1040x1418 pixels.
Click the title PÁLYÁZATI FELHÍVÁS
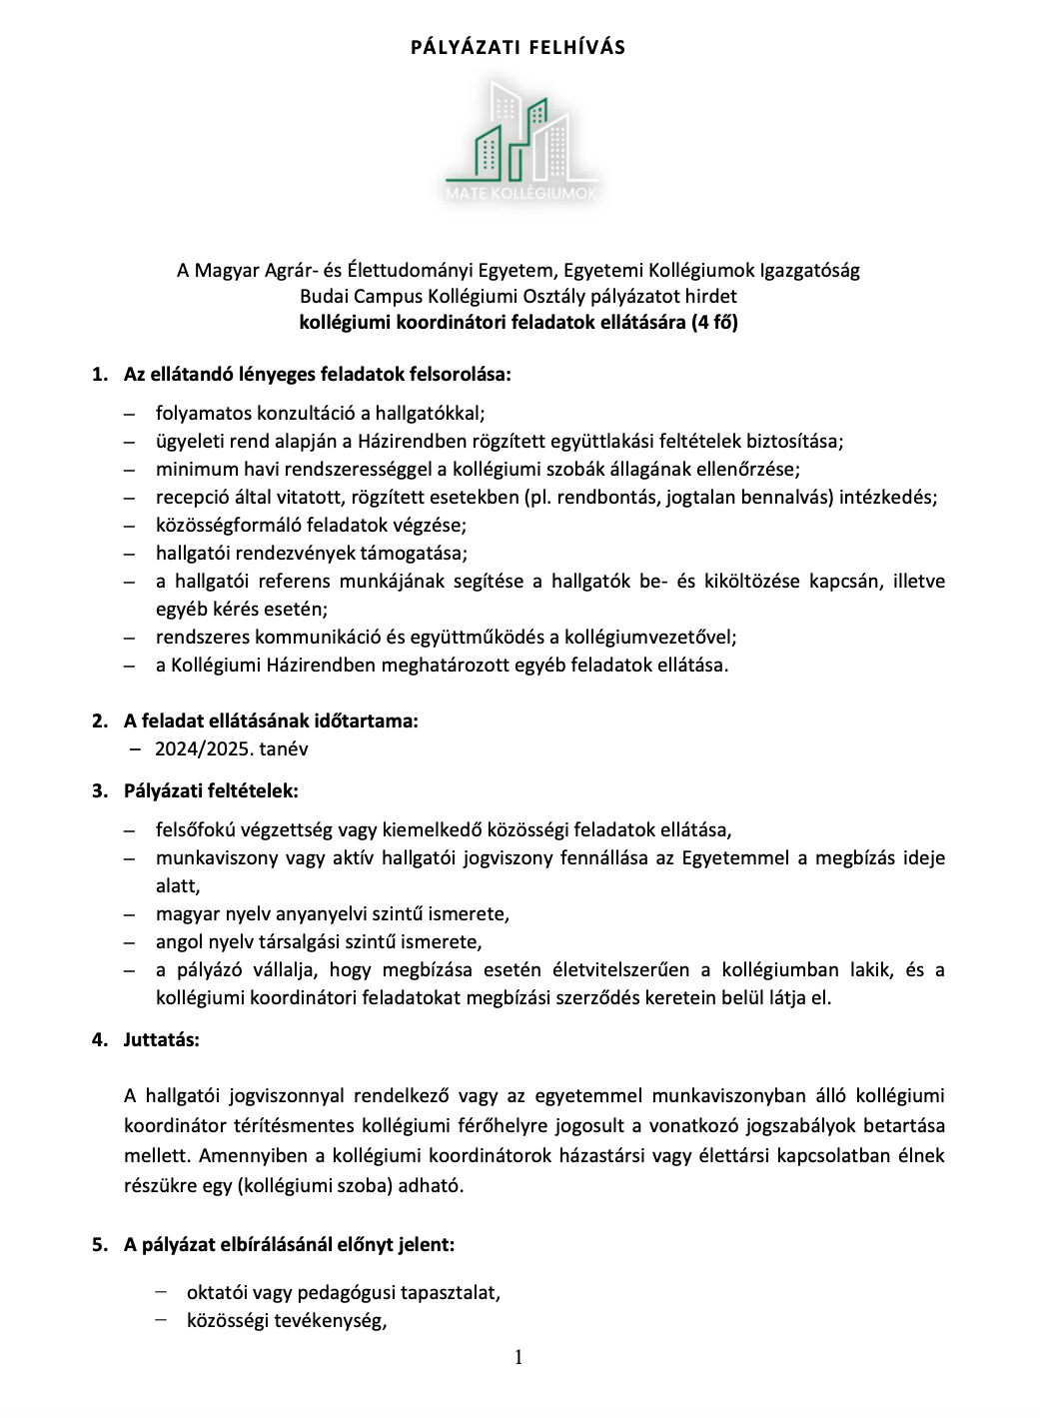(x=519, y=47)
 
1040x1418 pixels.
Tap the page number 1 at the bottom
(x=519, y=1356)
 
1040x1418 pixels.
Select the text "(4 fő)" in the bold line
(x=714, y=322)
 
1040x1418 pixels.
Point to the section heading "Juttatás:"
(x=162, y=1039)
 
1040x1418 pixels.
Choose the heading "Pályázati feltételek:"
(x=211, y=790)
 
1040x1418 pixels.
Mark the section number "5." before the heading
(x=99, y=1244)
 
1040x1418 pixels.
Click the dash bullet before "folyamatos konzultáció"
(x=129, y=413)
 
